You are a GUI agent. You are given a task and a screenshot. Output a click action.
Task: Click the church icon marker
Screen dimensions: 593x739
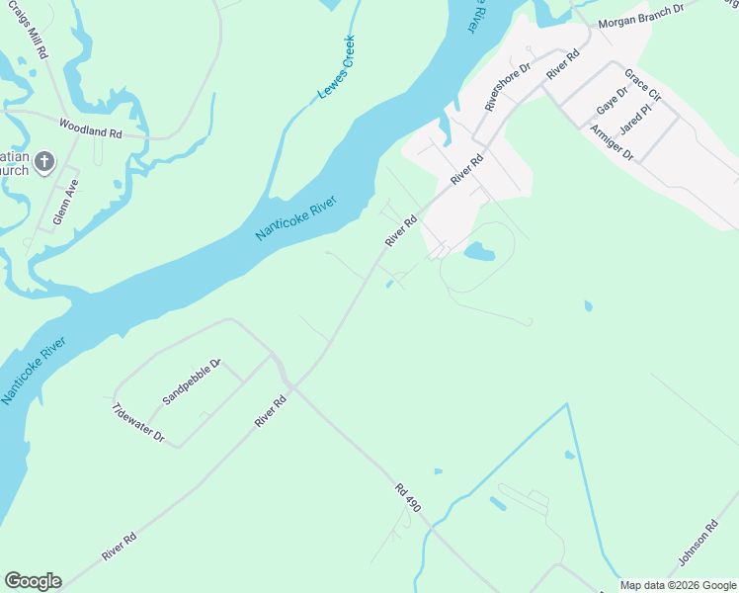pyautogui.click(x=43, y=162)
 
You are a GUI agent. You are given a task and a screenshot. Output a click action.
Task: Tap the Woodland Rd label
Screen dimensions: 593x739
pyautogui.click(x=89, y=127)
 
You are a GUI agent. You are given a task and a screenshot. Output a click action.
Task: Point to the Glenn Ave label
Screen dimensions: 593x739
pyautogui.click(x=65, y=202)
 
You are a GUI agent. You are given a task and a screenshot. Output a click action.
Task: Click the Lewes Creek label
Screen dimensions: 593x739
pyautogui.click(x=335, y=67)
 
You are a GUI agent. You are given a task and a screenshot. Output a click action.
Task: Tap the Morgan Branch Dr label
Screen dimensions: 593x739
pyautogui.click(x=641, y=14)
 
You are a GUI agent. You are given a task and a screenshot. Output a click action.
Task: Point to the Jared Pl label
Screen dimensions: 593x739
pyautogui.click(x=635, y=119)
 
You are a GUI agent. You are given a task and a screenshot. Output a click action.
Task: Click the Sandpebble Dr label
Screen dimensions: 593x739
pyautogui.click(x=191, y=381)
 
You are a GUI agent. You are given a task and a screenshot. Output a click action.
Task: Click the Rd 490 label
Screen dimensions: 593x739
pyautogui.click(x=408, y=497)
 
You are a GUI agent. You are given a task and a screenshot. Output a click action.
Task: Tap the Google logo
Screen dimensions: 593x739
pyautogui.click(x=33, y=581)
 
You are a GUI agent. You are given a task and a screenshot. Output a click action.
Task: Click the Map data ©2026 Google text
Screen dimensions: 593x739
pyautogui.click(x=679, y=585)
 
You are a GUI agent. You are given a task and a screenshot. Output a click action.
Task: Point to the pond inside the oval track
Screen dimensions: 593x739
pyautogui.click(x=479, y=252)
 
